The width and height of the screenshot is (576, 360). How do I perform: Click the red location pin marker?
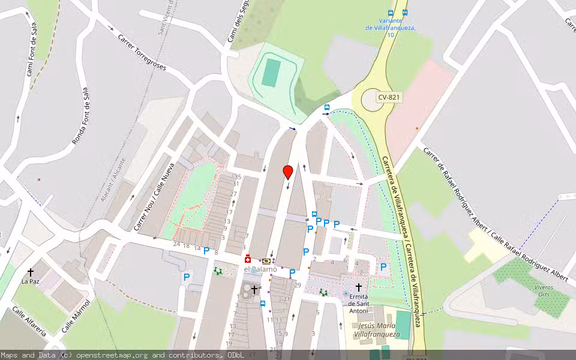tap(288, 172)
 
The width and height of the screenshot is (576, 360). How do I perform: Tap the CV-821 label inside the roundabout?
tap(389, 97)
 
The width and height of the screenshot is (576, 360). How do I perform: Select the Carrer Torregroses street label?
tap(142, 52)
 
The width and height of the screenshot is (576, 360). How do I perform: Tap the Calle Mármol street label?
tap(75, 317)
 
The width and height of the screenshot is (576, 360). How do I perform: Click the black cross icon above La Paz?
tap(31, 272)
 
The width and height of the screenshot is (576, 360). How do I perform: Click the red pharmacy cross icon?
tap(247, 259)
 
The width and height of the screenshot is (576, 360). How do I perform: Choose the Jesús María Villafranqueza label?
tap(376, 330)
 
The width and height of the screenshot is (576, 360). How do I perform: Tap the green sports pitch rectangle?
tap(271, 72)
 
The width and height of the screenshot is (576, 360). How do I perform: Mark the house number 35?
tap(238, 176)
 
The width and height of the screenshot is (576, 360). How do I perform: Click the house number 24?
tap(176, 244)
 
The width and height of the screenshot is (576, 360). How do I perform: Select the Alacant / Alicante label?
tap(113, 179)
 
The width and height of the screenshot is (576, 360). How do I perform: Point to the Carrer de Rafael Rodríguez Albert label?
tap(496, 214)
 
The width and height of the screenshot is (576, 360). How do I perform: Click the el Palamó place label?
tap(261, 269)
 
